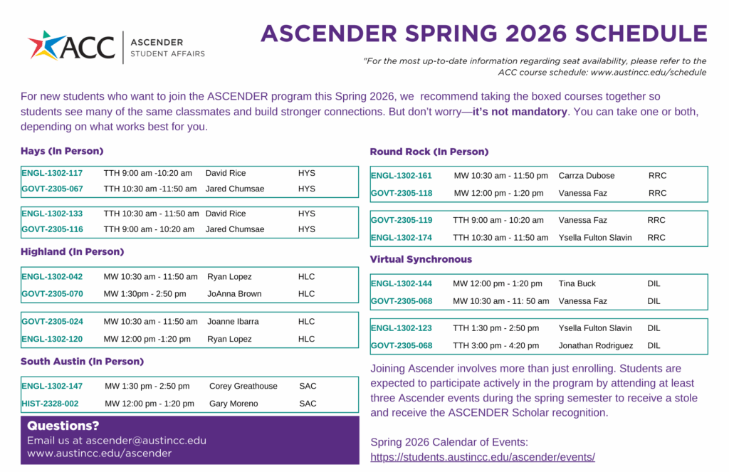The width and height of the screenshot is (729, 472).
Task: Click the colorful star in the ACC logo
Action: coord(43,46)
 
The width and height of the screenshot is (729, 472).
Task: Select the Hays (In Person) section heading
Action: coord(62,151)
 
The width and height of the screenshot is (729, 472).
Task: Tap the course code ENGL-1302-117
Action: coord(52,173)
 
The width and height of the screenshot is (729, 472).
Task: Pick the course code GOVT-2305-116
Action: coord(52,229)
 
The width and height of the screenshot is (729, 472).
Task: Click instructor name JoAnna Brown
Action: coord(234,294)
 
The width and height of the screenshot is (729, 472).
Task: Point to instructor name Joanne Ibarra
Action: coord(233,322)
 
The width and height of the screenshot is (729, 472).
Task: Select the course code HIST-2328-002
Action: coord(50,404)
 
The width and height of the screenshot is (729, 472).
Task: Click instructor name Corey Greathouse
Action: coord(243,387)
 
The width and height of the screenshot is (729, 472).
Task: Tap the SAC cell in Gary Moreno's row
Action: coord(308,404)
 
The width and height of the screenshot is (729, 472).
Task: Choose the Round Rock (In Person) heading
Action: coord(429,152)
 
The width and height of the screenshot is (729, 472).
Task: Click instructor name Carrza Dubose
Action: coord(586,176)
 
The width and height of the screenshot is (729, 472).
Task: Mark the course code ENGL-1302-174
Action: coord(402,238)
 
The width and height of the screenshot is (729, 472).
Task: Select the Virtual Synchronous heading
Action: coord(421,259)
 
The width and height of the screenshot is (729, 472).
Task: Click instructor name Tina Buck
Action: coord(577,284)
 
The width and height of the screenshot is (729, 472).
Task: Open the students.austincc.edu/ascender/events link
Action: coord(483,457)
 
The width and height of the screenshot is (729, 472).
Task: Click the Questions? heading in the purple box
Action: coord(63,426)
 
